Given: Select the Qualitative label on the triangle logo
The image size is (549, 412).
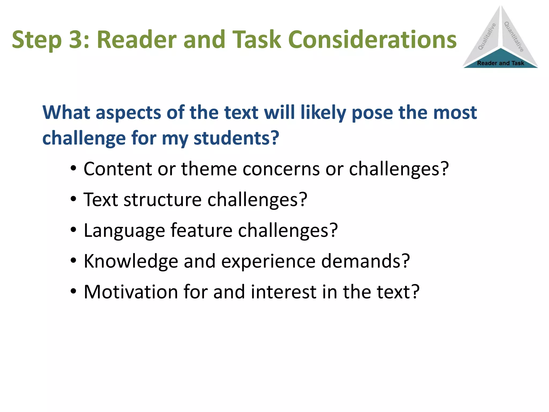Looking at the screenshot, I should coord(487,37).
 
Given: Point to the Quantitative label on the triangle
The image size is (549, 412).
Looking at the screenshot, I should coord(514,37).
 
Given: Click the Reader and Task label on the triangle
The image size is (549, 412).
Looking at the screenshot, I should coord(500,63).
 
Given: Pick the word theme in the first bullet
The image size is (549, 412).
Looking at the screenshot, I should coord(209,169).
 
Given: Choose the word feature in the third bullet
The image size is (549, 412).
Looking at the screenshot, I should coord(201,230).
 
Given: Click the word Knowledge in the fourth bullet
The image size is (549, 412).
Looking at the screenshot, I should coord(131,261).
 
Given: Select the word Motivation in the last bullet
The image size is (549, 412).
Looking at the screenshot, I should coord(131,292).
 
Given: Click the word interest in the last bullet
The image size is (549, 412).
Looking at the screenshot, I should coord(284,292).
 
